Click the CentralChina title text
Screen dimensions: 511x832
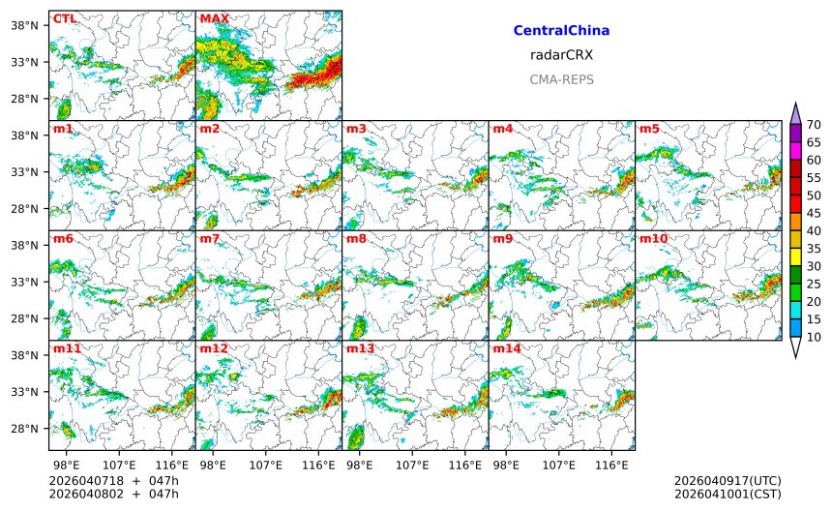point(561,31)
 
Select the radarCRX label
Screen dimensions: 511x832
point(561,55)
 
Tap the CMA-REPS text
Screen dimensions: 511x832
point(561,79)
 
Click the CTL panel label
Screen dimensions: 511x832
point(64,18)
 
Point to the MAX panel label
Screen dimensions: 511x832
point(214,18)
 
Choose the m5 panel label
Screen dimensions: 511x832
point(648,129)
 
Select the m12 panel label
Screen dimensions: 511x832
point(214,348)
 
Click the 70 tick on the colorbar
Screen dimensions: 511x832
point(814,124)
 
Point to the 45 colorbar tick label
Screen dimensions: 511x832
point(814,213)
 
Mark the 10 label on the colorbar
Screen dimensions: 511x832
point(814,337)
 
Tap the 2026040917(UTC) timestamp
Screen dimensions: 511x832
point(727,481)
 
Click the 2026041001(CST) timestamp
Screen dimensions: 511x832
point(727,494)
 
